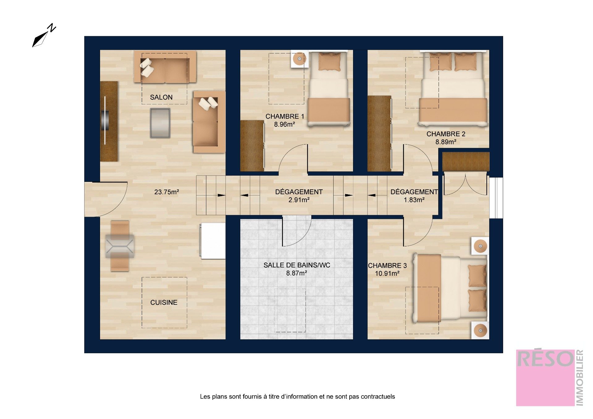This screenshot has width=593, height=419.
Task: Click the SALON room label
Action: click(x=161, y=97)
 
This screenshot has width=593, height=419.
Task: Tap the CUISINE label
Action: click(x=164, y=303)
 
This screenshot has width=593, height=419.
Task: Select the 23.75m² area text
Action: click(x=167, y=192)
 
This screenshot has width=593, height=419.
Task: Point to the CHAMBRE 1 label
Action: click(x=285, y=116)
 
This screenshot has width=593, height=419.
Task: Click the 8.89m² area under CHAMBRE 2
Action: click(x=446, y=142)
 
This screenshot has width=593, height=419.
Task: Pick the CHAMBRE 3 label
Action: click(x=387, y=266)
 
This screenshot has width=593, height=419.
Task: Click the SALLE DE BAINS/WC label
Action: click(x=297, y=265)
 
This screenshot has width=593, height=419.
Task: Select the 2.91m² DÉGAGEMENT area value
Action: click(x=299, y=200)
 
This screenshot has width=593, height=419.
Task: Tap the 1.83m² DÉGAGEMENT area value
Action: click(x=414, y=200)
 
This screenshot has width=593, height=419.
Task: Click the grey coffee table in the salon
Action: click(x=160, y=123)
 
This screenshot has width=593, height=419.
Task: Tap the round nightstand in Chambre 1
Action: click(x=299, y=59)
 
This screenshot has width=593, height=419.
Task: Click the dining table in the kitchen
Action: click(x=120, y=246)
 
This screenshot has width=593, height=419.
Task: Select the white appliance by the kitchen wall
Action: click(x=213, y=241)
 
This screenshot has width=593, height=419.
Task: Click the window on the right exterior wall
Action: click(x=496, y=198)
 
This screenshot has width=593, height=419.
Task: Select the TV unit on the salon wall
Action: click(x=109, y=121)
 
